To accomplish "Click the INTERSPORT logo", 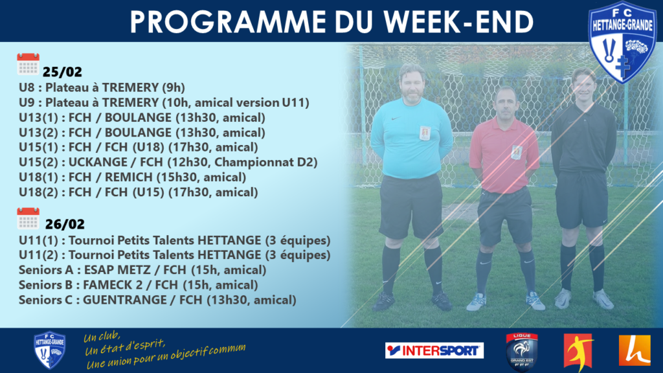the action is click(x=434, y=350).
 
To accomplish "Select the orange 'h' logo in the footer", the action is click(x=635, y=350).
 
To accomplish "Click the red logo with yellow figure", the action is click(x=578, y=350).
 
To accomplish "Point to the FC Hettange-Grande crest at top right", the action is click(x=622, y=41).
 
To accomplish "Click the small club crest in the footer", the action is click(x=49, y=350).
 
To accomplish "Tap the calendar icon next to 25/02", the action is click(x=28, y=64).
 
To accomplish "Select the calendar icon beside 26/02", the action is click(x=28, y=218).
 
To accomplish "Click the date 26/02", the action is click(x=65, y=224).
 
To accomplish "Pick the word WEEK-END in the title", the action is click(x=459, y=22).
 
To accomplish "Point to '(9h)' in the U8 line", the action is click(x=174, y=87).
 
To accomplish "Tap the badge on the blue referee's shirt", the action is click(x=425, y=133).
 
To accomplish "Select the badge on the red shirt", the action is click(x=516, y=152).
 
